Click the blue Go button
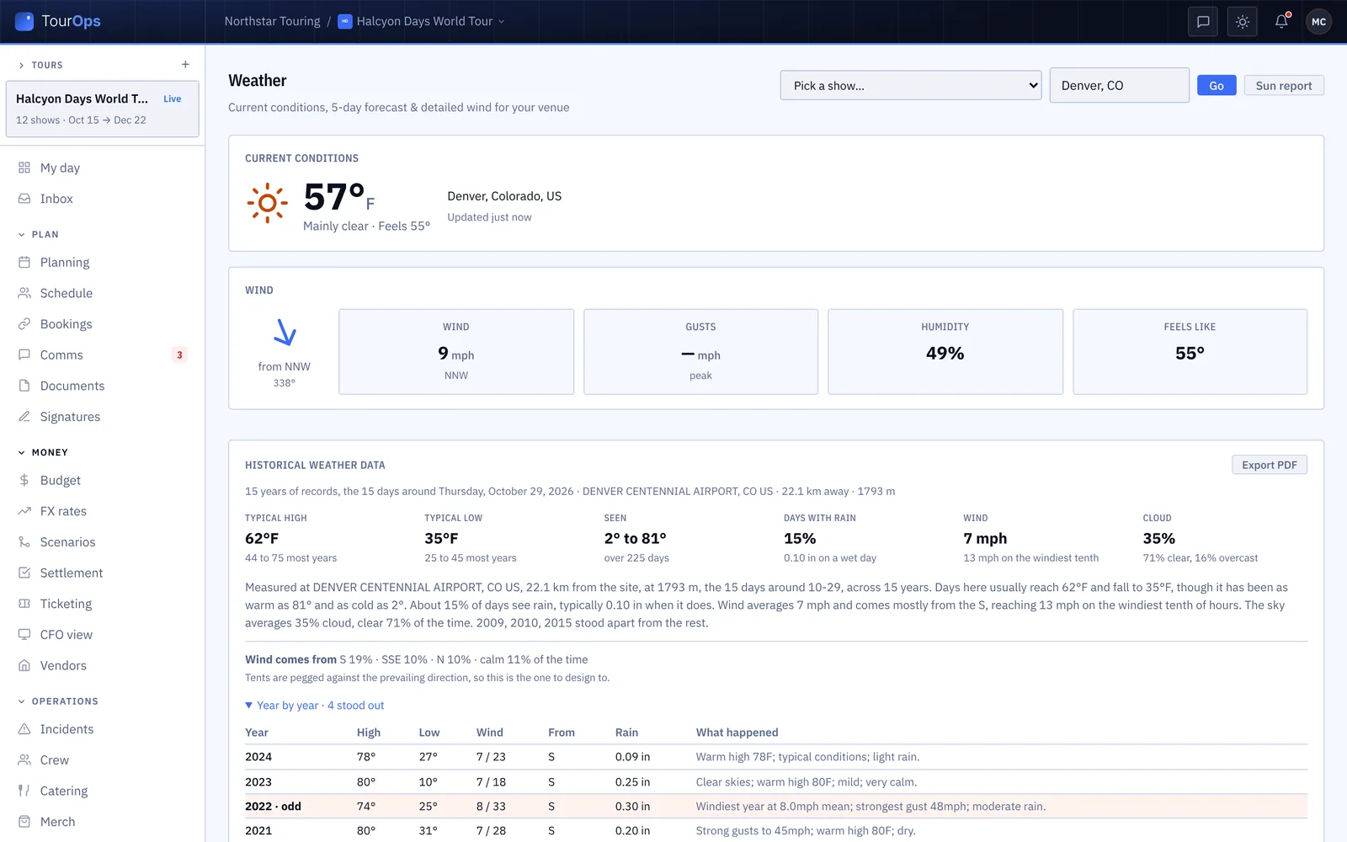[1216, 85]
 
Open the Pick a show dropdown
[910, 85]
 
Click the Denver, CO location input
[1119, 85]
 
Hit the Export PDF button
[1269, 465]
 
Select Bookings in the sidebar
[66, 323]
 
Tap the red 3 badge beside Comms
[179, 354]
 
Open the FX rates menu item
[63, 510]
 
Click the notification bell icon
[1280, 22]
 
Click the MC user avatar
[1318, 22]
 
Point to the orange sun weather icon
[267, 203]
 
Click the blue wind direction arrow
[285, 332]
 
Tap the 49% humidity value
[945, 353]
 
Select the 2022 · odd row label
[273, 806]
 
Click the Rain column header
[626, 732]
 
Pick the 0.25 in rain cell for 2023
[632, 782]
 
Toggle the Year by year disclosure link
[315, 705]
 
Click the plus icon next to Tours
[185, 64]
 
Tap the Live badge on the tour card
[172, 99]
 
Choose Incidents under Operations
[67, 729]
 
